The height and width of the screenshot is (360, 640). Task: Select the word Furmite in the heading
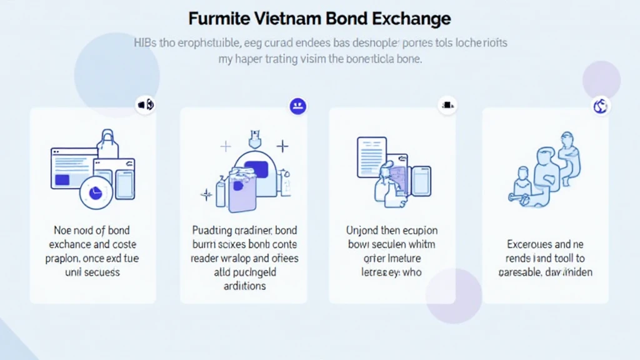tap(216, 18)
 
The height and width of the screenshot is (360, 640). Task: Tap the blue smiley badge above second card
tap(297, 106)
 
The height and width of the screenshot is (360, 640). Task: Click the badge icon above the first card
tap(145, 104)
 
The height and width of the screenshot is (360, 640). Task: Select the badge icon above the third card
tap(447, 104)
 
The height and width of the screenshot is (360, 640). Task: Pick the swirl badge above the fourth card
tap(600, 106)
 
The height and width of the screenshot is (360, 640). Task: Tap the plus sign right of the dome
tap(282, 147)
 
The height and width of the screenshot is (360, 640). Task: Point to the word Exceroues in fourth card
tap(529, 244)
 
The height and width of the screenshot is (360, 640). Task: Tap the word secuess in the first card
tap(101, 272)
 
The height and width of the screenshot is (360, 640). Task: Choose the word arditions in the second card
tap(244, 286)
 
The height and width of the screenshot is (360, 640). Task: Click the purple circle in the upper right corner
tap(601, 80)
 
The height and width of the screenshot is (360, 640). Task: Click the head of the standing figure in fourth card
tap(567, 138)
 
